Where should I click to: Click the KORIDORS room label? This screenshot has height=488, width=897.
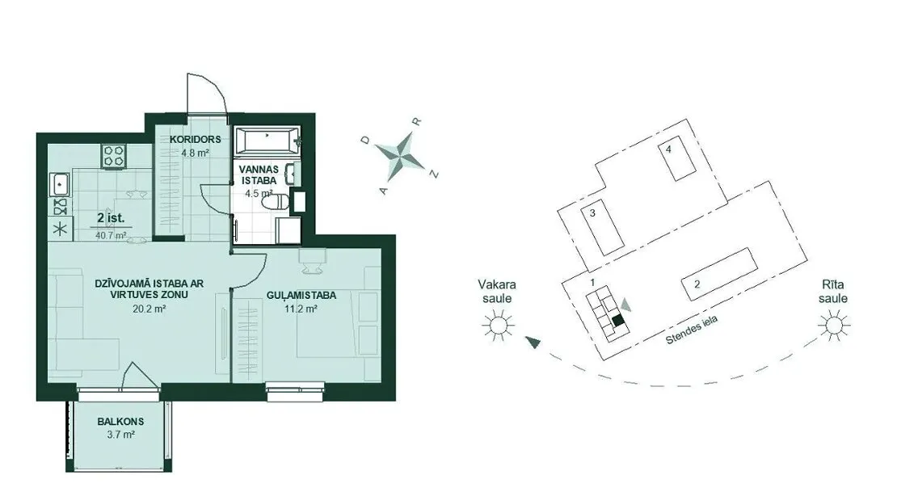[x=195, y=139]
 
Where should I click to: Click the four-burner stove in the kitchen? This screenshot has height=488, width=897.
[x=114, y=156]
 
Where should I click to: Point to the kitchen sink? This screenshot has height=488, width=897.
[x=60, y=184]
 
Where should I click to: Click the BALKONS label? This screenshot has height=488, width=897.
[x=120, y=422]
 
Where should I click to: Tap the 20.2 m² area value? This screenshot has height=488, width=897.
[x=149, y=309]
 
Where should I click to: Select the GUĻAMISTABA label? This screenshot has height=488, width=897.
[x=301, y=296]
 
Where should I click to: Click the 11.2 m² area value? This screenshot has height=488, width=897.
[x=301, y=309]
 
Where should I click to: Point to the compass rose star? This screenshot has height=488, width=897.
[x=400, y=156]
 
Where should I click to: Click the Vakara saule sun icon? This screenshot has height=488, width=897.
[x=497, y=326]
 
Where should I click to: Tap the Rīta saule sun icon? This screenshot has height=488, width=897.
[x=833, y=326]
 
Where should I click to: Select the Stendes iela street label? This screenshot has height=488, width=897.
[x=691, y=330]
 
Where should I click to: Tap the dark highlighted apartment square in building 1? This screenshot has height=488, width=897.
[x=618, y=321]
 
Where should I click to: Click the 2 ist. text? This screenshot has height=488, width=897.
[x=111, y=218]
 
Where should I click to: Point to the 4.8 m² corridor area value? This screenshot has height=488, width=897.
[x=195, y=153]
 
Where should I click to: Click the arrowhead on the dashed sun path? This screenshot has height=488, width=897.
[x=533, y=343]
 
